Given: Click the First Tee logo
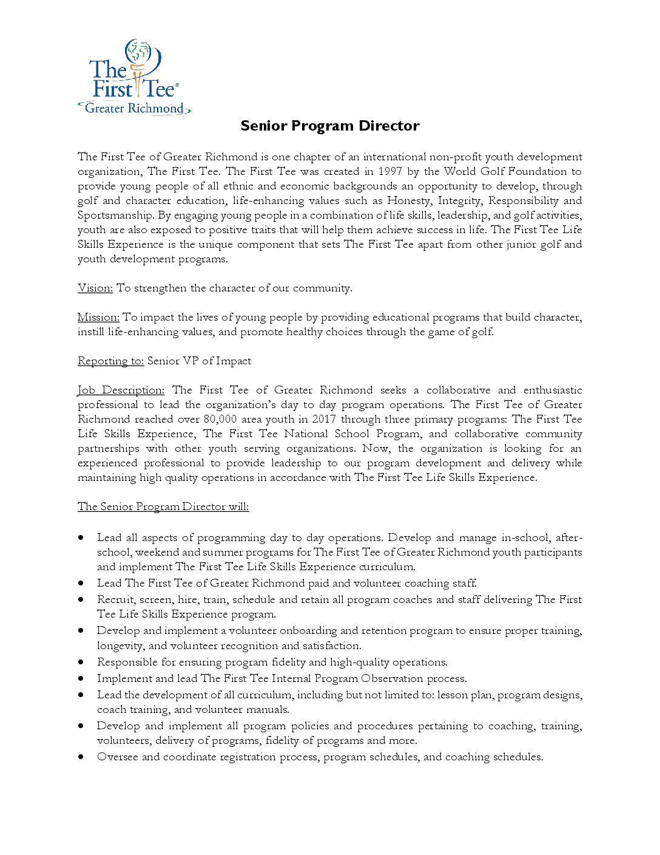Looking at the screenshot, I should point(134,78).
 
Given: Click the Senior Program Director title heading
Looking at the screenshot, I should point(330,126).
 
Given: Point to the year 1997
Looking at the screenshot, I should point(390,171).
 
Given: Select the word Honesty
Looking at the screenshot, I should point(409,200).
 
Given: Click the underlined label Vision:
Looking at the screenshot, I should point(95,288).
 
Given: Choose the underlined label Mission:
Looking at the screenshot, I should point(98,317).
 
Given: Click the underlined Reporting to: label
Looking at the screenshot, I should point(110,361).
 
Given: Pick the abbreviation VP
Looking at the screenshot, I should point(191,361).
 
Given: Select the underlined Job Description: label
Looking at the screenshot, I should point(121,390).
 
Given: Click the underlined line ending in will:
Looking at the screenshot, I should point(163,506).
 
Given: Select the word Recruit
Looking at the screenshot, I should point(115,599).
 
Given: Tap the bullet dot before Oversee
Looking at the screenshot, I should point(81,757).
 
